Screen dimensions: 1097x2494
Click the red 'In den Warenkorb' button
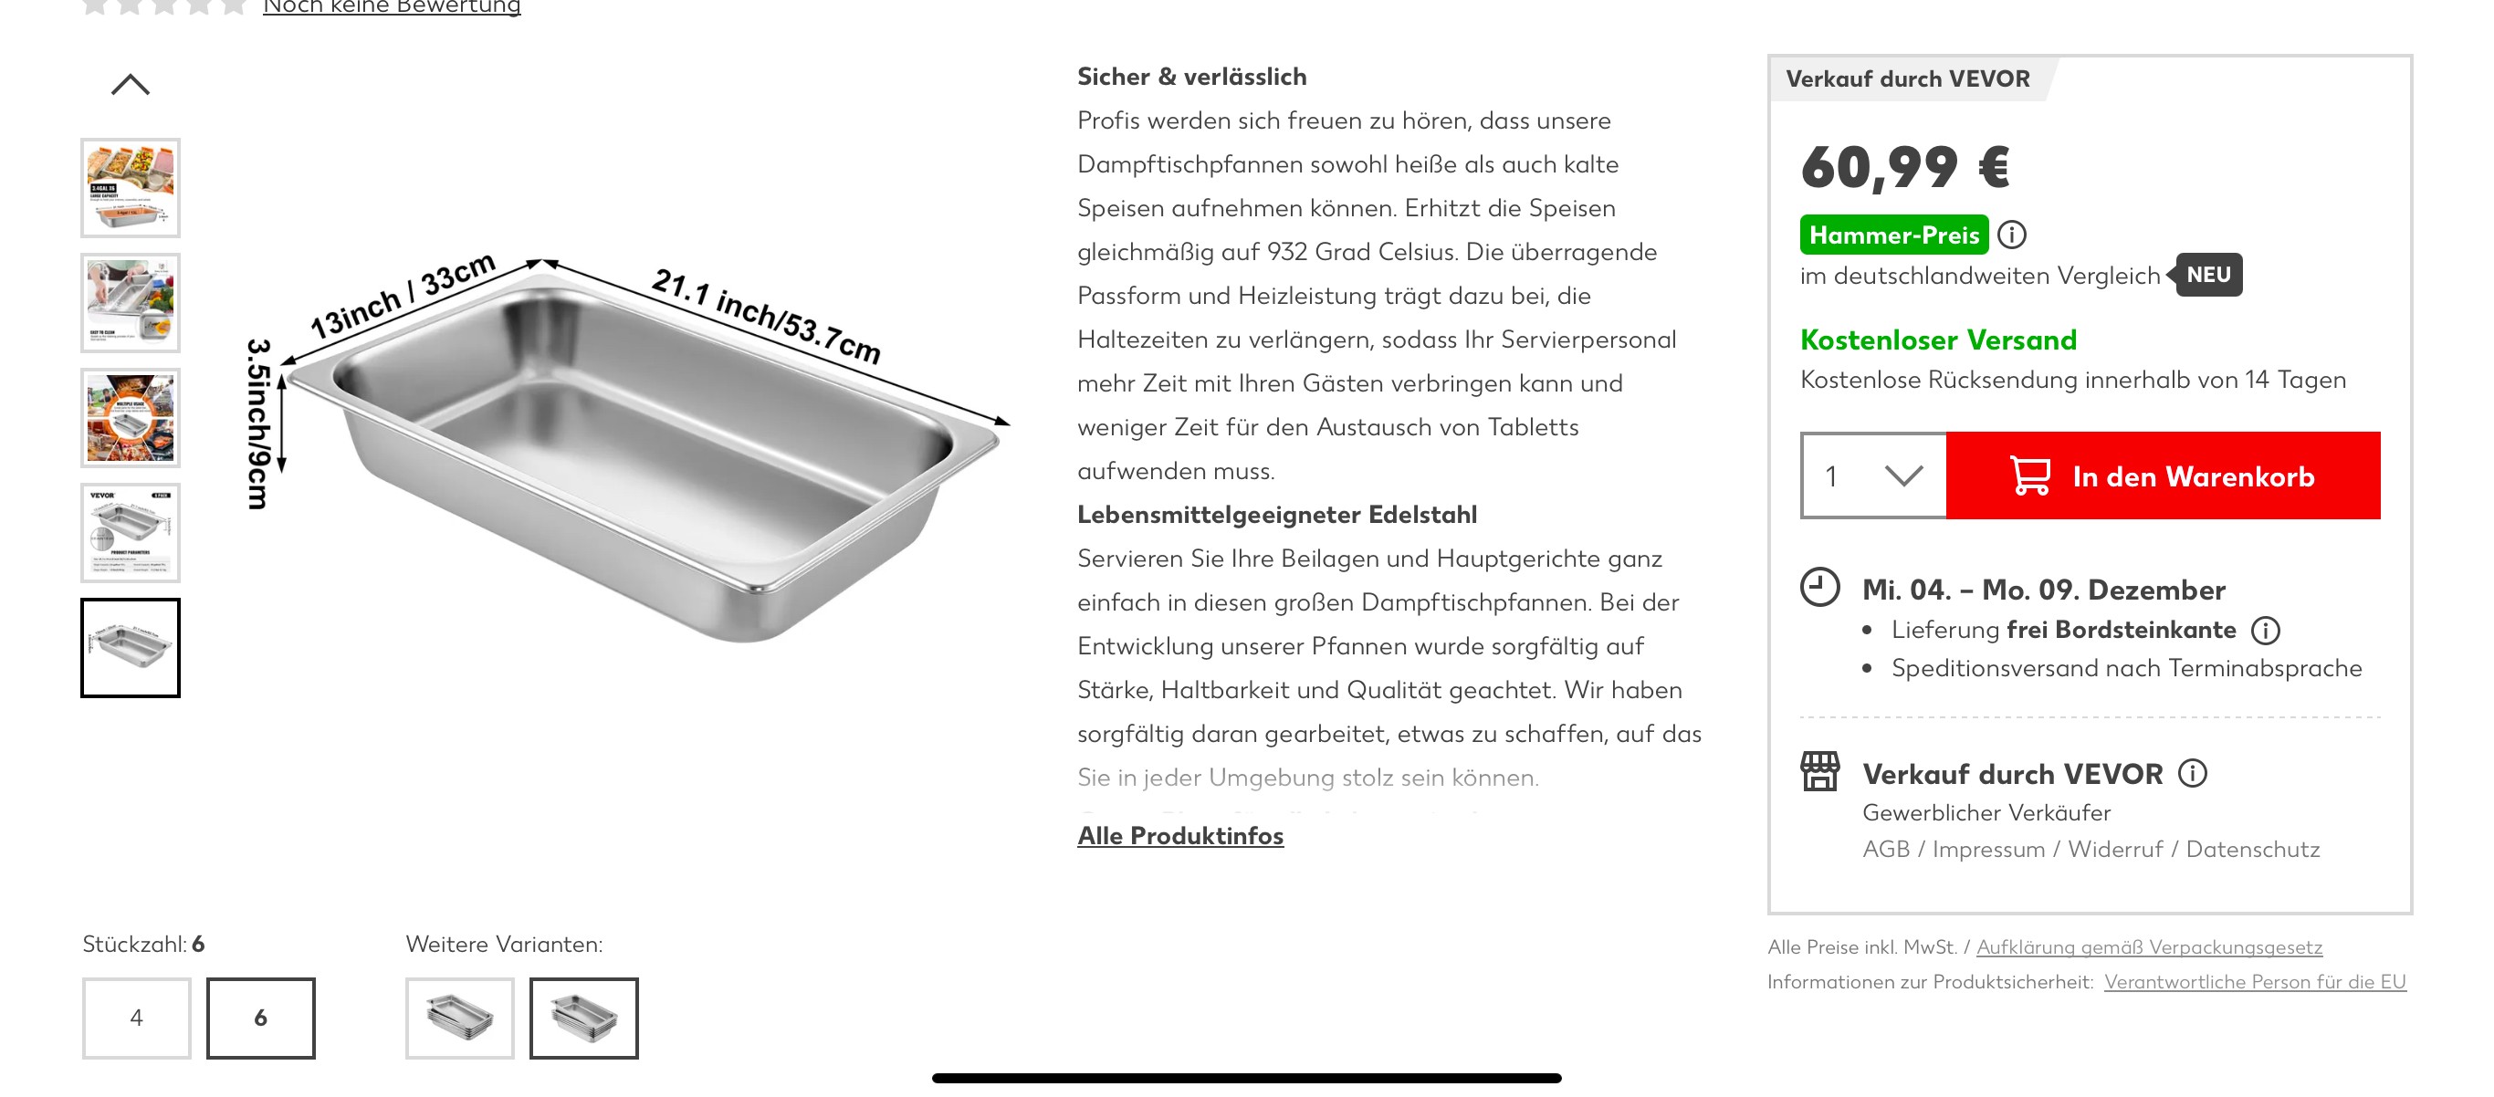(x=2162, y=475)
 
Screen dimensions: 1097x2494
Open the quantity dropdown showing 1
(x=1872, y=475)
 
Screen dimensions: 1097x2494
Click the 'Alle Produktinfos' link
(x=1180, y=836)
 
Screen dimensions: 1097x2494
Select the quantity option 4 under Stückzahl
(x=137, y=1018)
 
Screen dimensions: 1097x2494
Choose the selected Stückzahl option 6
(x=260, y=1018)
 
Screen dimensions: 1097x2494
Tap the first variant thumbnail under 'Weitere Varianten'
(x=460, y=1018)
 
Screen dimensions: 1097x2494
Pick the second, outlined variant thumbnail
(x=584, y=1018)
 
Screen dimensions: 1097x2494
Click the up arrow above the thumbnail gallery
(x=131, y=85)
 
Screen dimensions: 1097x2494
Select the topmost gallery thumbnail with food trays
(x=131, y=188)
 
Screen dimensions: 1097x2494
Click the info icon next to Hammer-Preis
(x=2012, y=235)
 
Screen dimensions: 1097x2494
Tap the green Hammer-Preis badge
(x=1893, y=235)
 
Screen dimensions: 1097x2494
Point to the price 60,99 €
(x=1904, y=166)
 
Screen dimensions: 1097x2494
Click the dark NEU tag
(x=2208, y=275)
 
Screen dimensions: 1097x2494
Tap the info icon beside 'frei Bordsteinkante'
(x=2266, y=631)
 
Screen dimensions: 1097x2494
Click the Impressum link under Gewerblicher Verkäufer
(x=1988, y=849)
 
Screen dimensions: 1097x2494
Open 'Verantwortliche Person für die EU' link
(x=2255, y=982)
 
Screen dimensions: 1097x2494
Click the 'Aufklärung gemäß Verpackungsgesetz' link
(x=2149, y=947)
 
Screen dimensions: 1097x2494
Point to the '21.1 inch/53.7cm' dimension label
(x=766, y=316)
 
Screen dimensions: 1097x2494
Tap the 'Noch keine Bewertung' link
(x=391, y=7)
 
